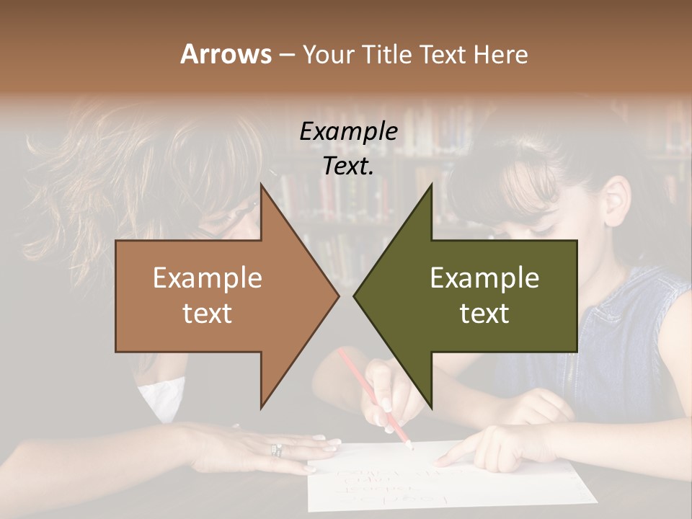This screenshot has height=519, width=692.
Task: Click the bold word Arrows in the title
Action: (226, 54)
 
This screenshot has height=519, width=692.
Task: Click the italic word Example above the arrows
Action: (348, 132)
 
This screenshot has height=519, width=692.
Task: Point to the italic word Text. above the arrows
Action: (348, 167)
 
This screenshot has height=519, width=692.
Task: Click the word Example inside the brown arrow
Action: (208, 278)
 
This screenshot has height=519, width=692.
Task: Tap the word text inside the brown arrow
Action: (208, 313)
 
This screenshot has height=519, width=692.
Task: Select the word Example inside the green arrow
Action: (484, 278)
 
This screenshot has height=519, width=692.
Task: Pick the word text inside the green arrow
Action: (484, 313)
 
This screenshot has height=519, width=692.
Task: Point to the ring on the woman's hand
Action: (276, 450)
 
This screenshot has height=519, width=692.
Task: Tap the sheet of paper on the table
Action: (447, 483)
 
